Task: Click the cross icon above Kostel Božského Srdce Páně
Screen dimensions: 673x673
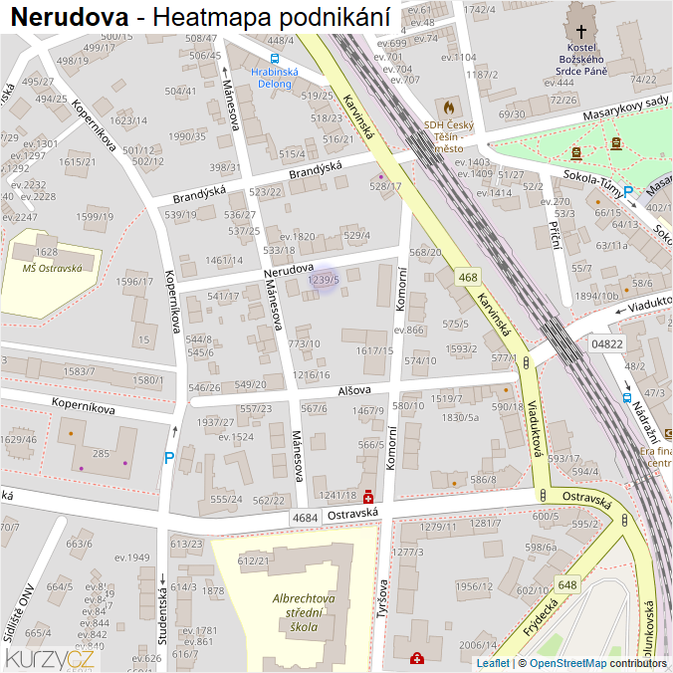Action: pos(581,31)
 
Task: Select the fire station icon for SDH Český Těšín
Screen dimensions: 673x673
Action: pos(448,106)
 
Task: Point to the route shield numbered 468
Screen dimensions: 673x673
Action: pos(468,277)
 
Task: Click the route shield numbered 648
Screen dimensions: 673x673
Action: pos(567,584)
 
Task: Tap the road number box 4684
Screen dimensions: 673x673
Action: pos(306,518)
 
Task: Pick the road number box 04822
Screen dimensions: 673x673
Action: pos(606,343)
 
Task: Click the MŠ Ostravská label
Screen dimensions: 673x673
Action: pos(46,267)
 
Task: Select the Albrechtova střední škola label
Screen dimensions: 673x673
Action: pos(304,613)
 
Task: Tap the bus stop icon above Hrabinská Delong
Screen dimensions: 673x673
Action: pos(275,58)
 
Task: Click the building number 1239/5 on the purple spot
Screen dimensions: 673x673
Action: pos(324,281)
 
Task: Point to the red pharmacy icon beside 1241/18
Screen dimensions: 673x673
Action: pos(368,496)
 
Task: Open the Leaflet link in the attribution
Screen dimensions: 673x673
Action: pos(493,663)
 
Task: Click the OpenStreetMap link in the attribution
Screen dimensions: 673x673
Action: pos(567,663)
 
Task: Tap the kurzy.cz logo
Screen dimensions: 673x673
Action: pos(50,658)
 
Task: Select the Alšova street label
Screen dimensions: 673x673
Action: pos(353,391)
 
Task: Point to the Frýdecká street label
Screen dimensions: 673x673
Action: pos(539,616)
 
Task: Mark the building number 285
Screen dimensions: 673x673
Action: pos(101,453)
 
